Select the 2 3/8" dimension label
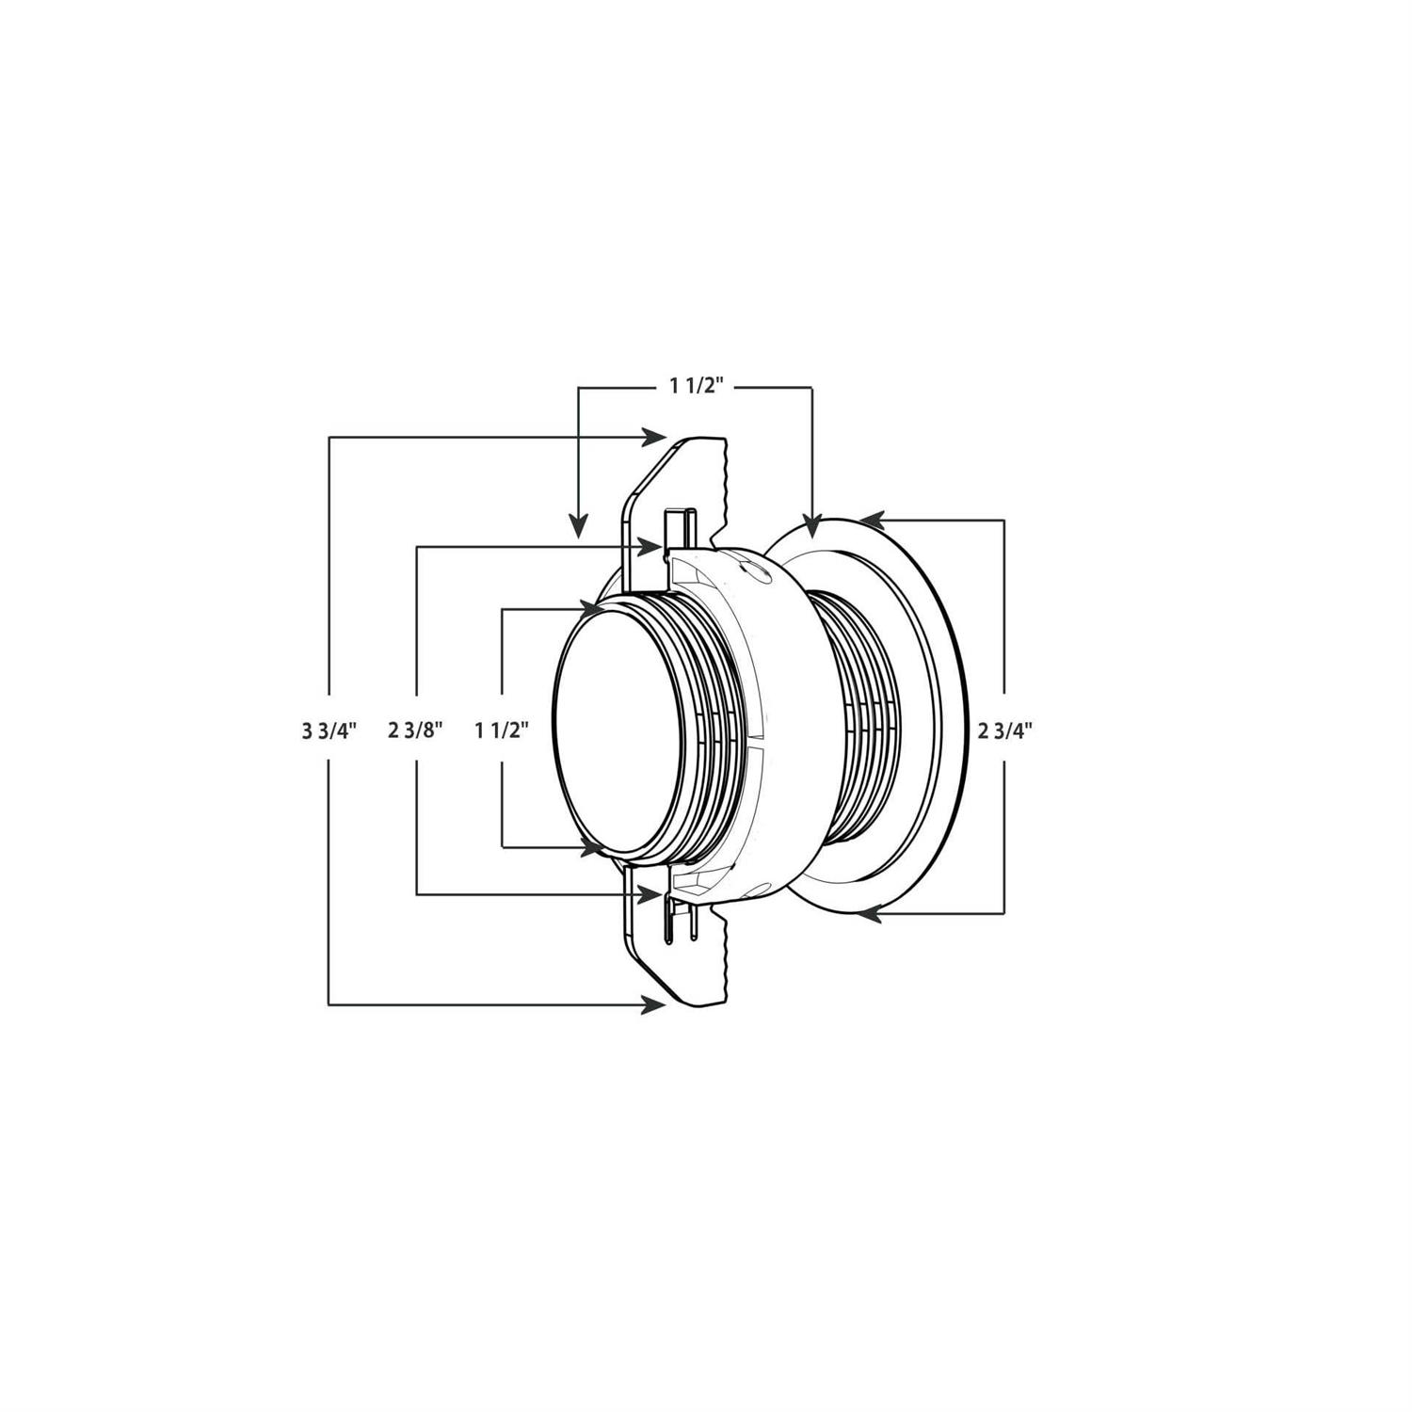(x=415, y=730)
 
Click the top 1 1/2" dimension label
(x=696, y=385)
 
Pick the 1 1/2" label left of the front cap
(x=502, y=730)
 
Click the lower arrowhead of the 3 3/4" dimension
(x=651, y=1005)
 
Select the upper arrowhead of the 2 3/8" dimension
(x=649, y=546)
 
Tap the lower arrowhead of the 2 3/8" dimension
(x=649, y=893)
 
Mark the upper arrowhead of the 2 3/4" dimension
(x=871, y=518)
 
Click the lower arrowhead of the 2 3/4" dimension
(x=871, y=911)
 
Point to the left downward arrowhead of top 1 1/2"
(x=579, y=525)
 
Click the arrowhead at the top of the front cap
(x=592, y=608)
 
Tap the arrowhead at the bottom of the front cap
(x=592, y=847)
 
